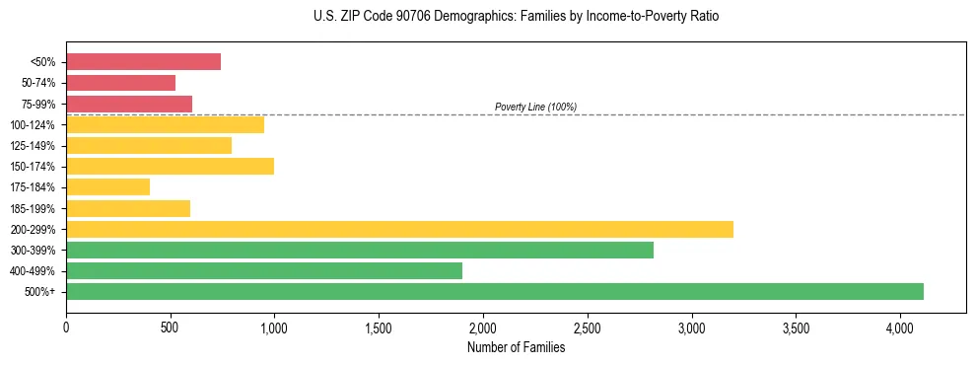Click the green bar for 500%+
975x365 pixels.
coord(495,291)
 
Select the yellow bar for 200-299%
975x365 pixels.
coord(399,229)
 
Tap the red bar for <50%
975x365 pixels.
coord(143,61)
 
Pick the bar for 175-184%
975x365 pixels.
coord(107,186)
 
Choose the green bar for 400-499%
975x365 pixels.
coord(264,270)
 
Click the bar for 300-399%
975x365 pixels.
coord(360,250)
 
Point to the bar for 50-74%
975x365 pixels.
coord(120,83)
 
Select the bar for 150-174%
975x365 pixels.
coord(170,166)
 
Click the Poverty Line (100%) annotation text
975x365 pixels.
coord(535,107)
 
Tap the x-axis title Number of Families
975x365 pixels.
coord(516,347)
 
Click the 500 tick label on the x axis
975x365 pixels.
coord(171,327)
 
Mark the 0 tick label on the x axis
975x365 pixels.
coord(66,327)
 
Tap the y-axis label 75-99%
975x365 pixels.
coord(38,104)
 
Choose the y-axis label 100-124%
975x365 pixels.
coord(34,124)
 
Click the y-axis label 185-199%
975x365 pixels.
coord(34,208)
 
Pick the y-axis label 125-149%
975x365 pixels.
coord(34,145)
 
